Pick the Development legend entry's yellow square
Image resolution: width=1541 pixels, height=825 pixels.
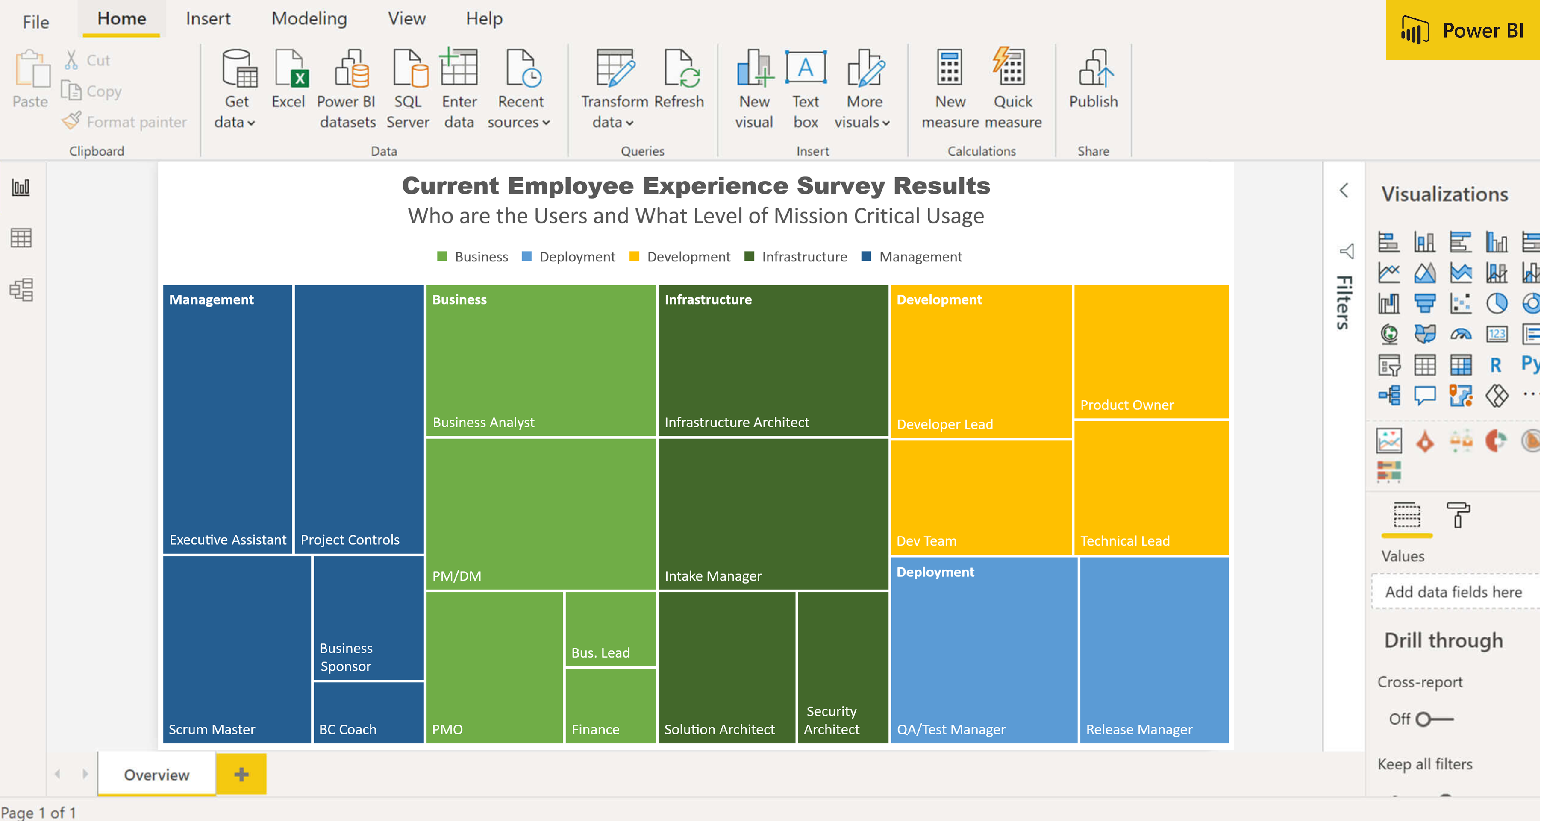634,257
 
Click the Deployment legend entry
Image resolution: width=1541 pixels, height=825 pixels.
576,257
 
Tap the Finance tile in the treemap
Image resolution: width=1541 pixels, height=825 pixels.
610,706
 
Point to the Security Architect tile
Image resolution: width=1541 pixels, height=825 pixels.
842,667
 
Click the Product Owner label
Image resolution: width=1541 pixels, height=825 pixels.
1126,405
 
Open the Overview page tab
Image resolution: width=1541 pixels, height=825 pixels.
157,775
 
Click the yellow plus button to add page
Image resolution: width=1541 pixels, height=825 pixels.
241,775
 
